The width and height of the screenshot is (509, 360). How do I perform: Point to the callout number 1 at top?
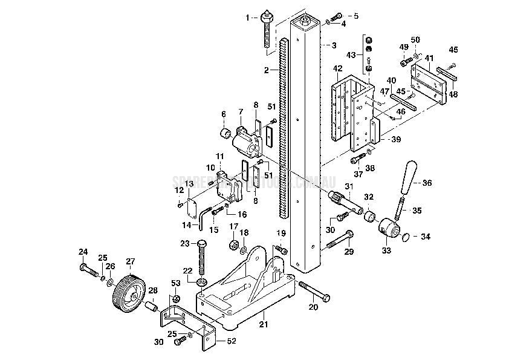[246, 17]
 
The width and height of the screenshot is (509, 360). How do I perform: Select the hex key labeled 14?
[204, 217]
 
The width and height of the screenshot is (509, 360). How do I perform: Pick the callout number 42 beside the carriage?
[337, 68]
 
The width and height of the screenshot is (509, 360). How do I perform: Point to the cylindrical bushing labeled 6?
[225, 133]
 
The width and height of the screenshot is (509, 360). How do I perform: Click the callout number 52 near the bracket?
[231, 341]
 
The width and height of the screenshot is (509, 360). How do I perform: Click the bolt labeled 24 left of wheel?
[89, 270]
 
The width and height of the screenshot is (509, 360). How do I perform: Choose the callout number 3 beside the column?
[334, 45]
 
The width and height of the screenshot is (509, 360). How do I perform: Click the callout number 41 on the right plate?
[429, 58]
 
